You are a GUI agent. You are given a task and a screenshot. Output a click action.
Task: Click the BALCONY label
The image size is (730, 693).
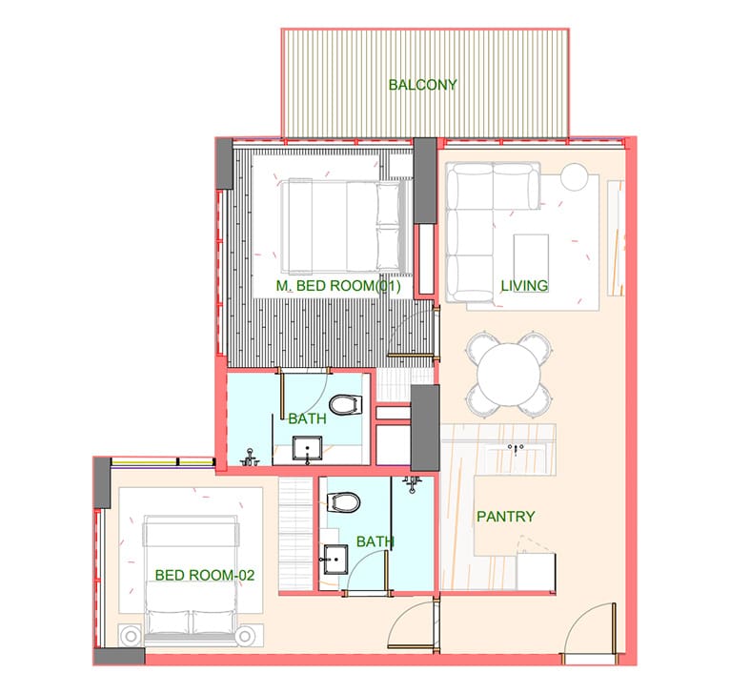(423, 84)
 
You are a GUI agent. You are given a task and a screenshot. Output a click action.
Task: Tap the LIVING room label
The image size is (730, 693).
(524, 285)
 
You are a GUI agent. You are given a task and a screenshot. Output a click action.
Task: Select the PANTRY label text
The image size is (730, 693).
(506, 516)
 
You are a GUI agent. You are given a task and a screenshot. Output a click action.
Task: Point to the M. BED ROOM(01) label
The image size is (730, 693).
(338, 285)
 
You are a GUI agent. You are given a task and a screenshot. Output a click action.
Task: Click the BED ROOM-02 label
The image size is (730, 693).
(205, 575)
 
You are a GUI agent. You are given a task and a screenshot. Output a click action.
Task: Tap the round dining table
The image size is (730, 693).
(509, 375)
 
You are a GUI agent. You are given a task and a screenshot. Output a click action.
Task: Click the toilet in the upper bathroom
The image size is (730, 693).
(346, 404)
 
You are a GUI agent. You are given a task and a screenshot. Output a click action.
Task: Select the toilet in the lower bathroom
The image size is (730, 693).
(344, 502)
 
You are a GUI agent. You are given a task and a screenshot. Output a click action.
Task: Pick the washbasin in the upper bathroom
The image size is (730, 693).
(307, 448)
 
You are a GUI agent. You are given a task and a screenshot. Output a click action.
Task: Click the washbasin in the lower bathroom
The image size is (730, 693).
(335, 559)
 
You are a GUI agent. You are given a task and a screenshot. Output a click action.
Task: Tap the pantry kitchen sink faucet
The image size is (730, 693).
(516, 449)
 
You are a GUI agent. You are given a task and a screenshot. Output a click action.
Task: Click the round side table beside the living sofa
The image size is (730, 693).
(575, 177)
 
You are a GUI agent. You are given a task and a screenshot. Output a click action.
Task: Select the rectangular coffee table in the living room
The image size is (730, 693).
(531, 258)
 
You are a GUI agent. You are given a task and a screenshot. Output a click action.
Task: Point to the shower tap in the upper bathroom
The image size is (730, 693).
(250, 458)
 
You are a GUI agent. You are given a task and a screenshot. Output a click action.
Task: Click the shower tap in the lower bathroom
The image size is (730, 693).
(412, 484)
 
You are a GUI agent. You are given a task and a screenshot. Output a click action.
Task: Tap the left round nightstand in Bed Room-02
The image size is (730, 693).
(131, 635)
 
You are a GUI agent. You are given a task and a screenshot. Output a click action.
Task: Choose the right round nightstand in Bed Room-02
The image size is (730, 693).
(245, 636)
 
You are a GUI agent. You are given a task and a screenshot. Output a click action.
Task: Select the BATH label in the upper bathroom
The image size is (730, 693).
(307, 418)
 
